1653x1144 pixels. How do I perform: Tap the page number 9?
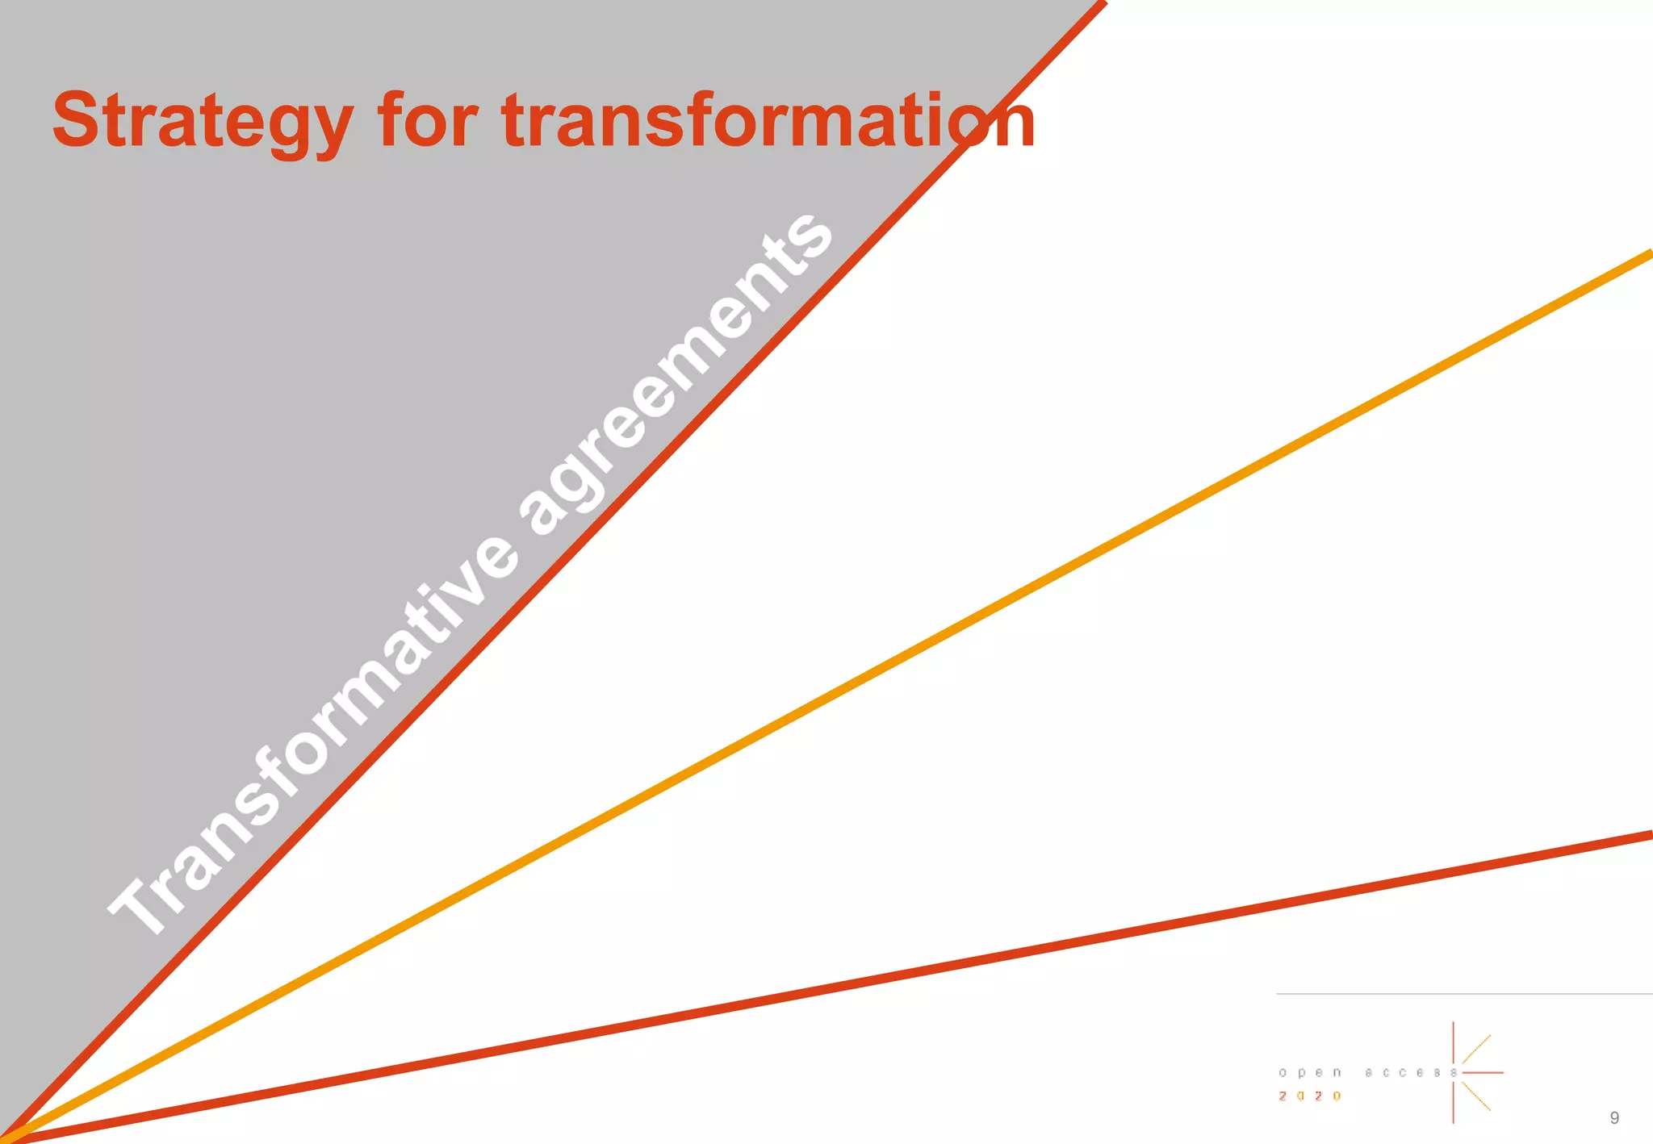tap(1613, 1117)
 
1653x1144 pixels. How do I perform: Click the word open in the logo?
tap(1309, 1073)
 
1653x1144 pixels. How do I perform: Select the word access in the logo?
tap(1411, 1073)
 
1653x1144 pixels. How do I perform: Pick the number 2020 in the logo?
tap(1309, 1096)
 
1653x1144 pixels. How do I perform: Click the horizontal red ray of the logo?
tap(1484, 1073)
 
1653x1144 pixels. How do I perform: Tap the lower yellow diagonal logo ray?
tap(1477, 1097)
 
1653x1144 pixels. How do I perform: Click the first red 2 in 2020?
tap(1283, 1096)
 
